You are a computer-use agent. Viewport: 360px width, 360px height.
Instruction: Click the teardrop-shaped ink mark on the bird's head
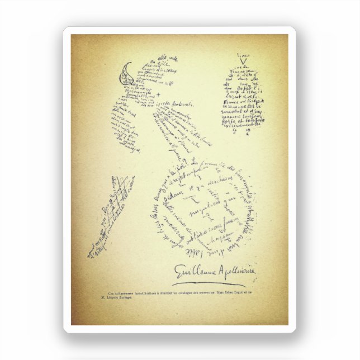[x=129, y=70]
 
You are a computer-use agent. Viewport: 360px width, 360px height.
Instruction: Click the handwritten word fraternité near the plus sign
[x=178, y=104]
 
